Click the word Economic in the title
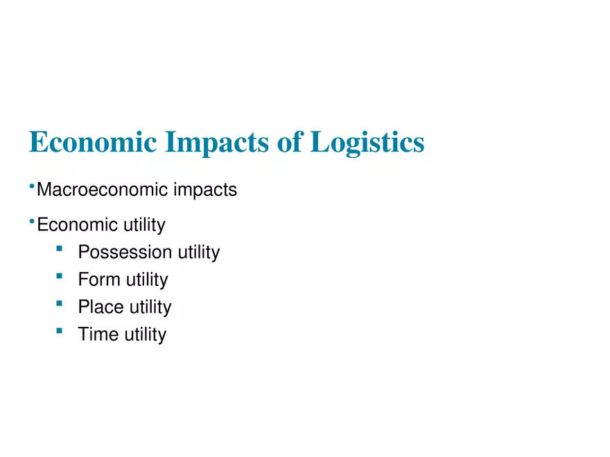(x=92, y=142)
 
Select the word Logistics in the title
(x=367, y=143)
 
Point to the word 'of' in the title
(x=289, y=142)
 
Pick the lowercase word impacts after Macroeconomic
(x=205, y=190)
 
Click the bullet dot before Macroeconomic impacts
(x=32, y=185)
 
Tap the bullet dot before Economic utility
(x=32, y=220)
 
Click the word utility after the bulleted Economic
(x=144, y=225)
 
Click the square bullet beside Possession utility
(x=60, y=248)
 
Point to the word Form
(x=98, y=280)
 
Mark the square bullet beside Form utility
(x=60, y=276)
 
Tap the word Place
(x=100, y=307)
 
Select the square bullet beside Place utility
(x=60, y=303)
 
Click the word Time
(x=98, y=334)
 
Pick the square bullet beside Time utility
(x=60, y=331)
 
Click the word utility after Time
(x=146, y=335)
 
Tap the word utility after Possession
(x=199, y=253)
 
